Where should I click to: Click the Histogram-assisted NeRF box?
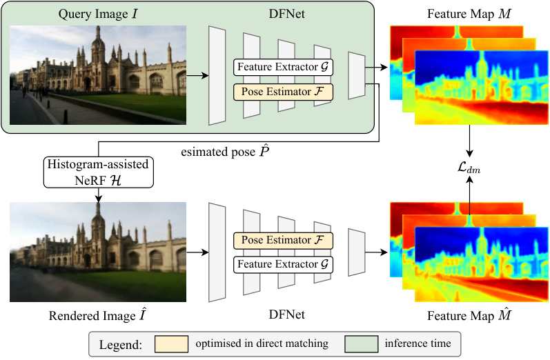pos(99,172)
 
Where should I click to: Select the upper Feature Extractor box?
pos(283,68)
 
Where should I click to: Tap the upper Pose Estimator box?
pos(283,92)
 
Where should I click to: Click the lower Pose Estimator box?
pos(283,241)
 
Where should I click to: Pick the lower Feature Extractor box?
pos(283,265)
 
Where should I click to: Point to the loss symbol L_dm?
pos(469,168)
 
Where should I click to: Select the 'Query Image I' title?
pos(98,14)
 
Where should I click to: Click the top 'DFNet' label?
pos(286,14)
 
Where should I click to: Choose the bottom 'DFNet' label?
pos(286,314)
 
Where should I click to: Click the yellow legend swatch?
pos(172,344)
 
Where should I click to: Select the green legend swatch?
pos(362,344)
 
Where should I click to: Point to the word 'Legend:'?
pos(121,345)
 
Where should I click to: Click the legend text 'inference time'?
pos(418,343)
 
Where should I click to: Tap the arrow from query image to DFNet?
pos(197,75)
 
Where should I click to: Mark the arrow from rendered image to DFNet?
pos(197,252)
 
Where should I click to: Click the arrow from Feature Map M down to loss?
pos(469,141)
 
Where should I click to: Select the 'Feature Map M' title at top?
pos(469,14)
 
